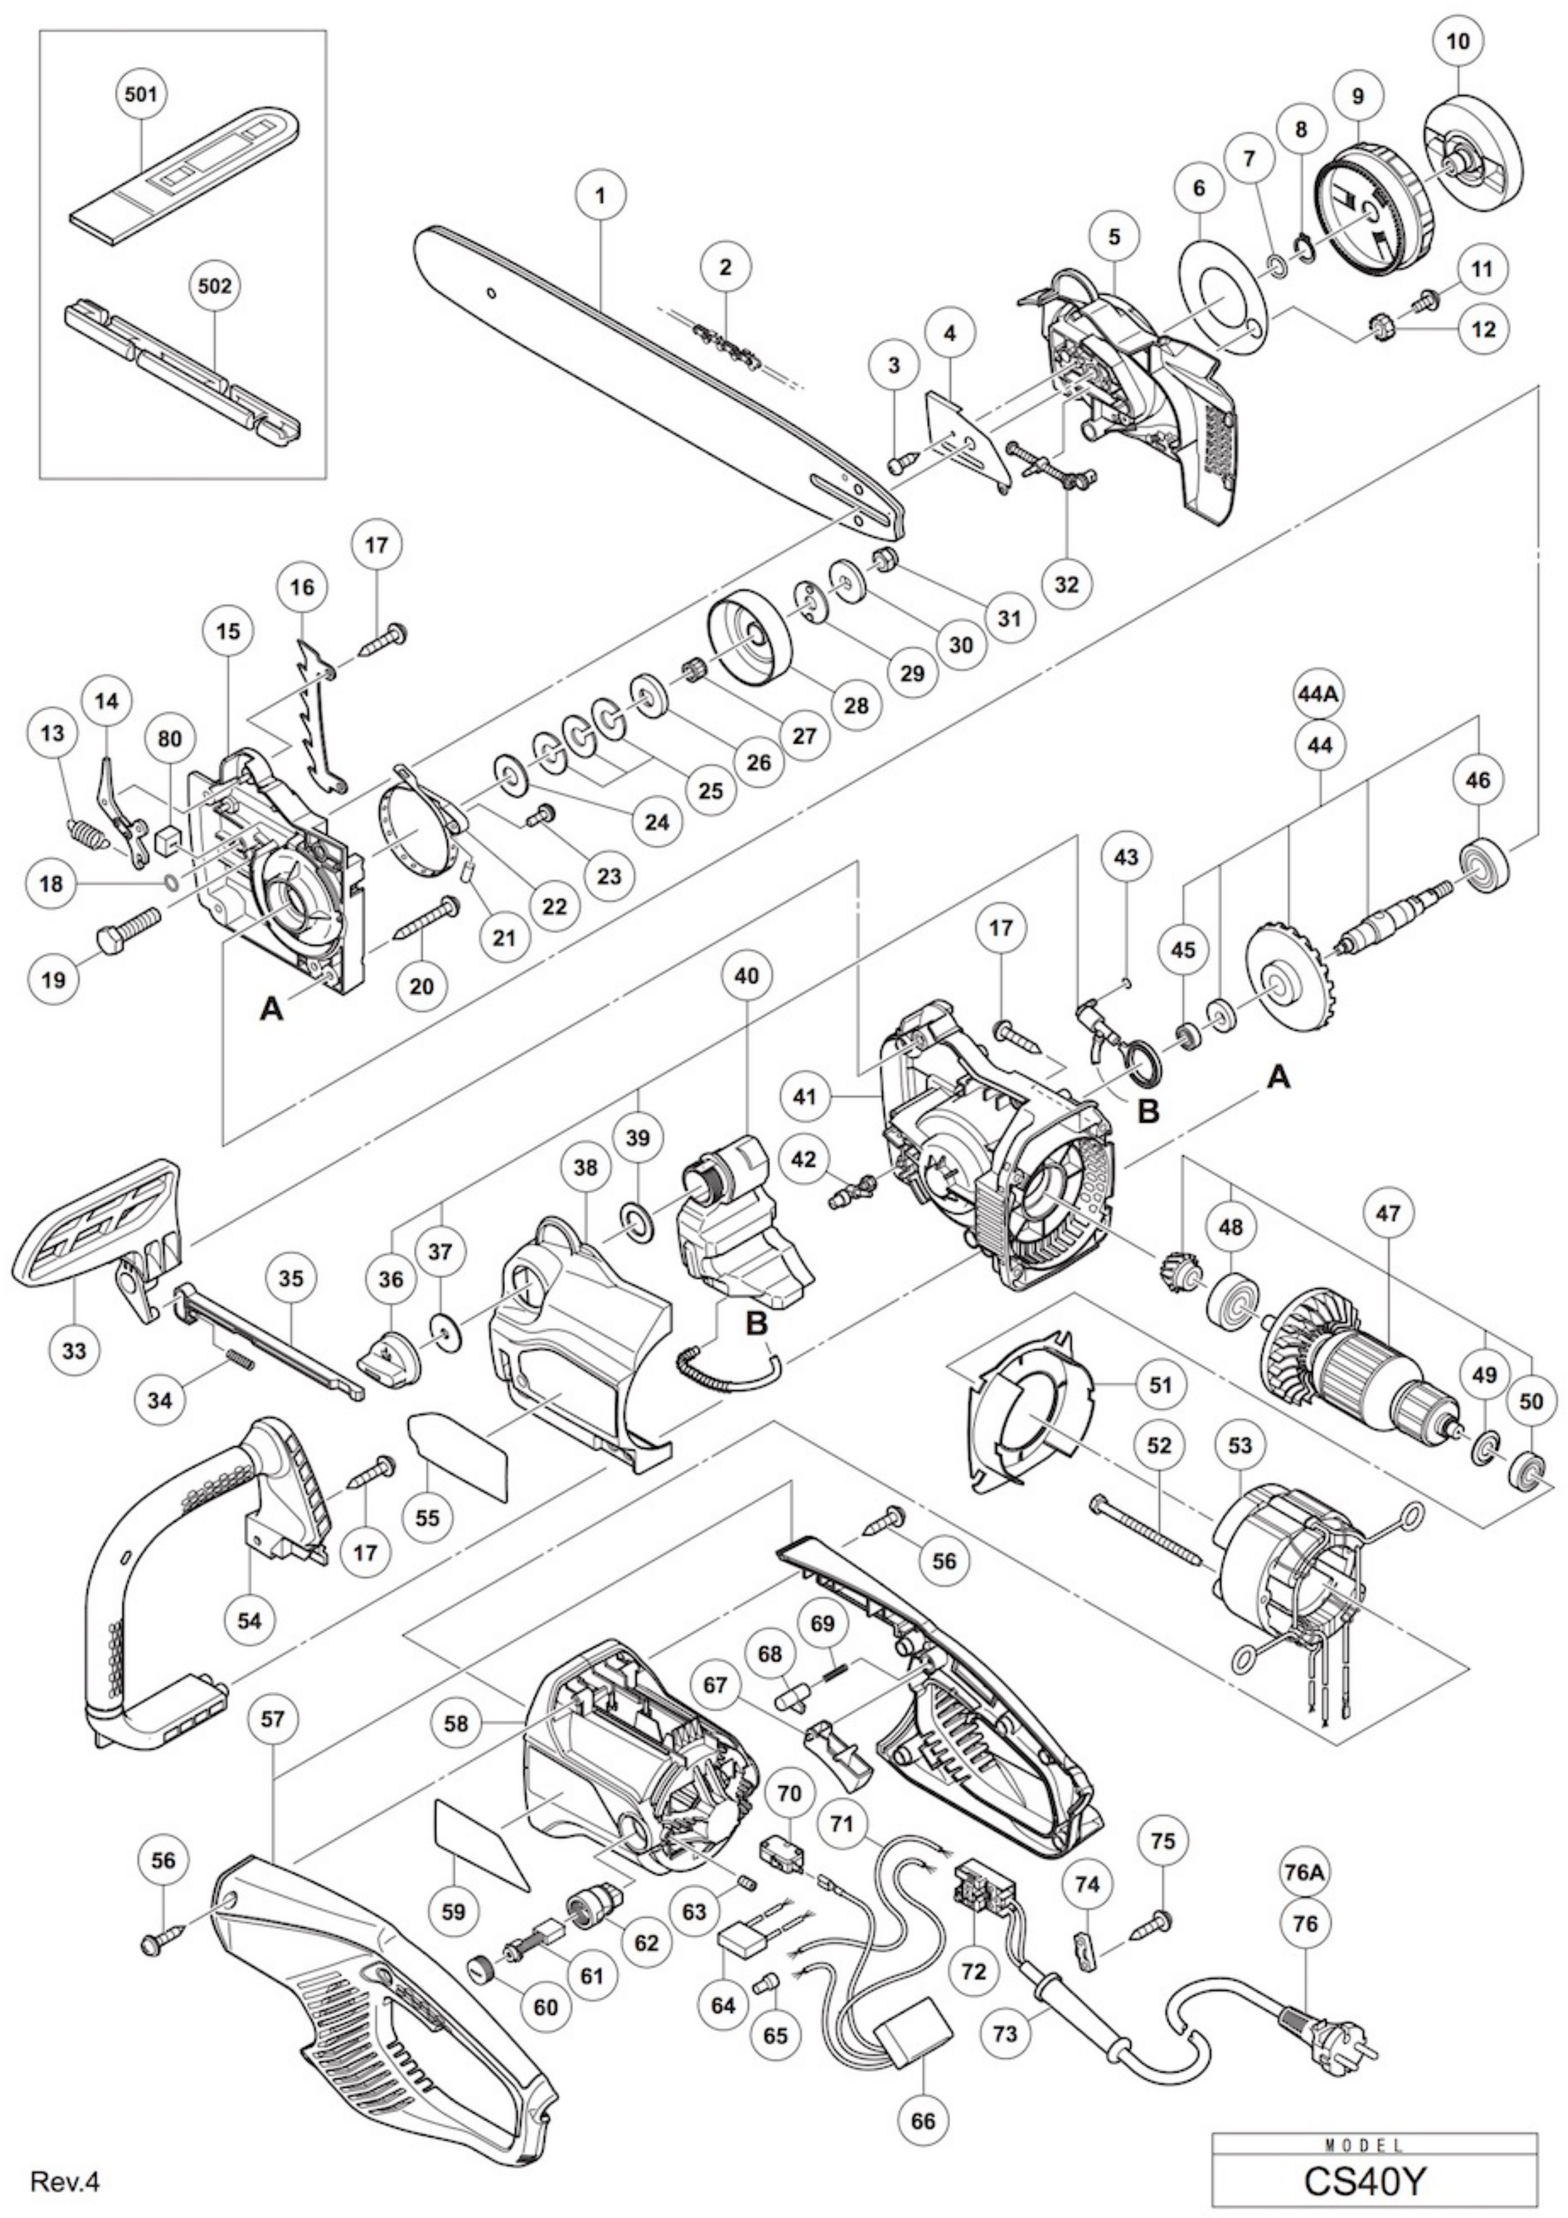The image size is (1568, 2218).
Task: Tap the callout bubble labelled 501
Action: tap(141, 94)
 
